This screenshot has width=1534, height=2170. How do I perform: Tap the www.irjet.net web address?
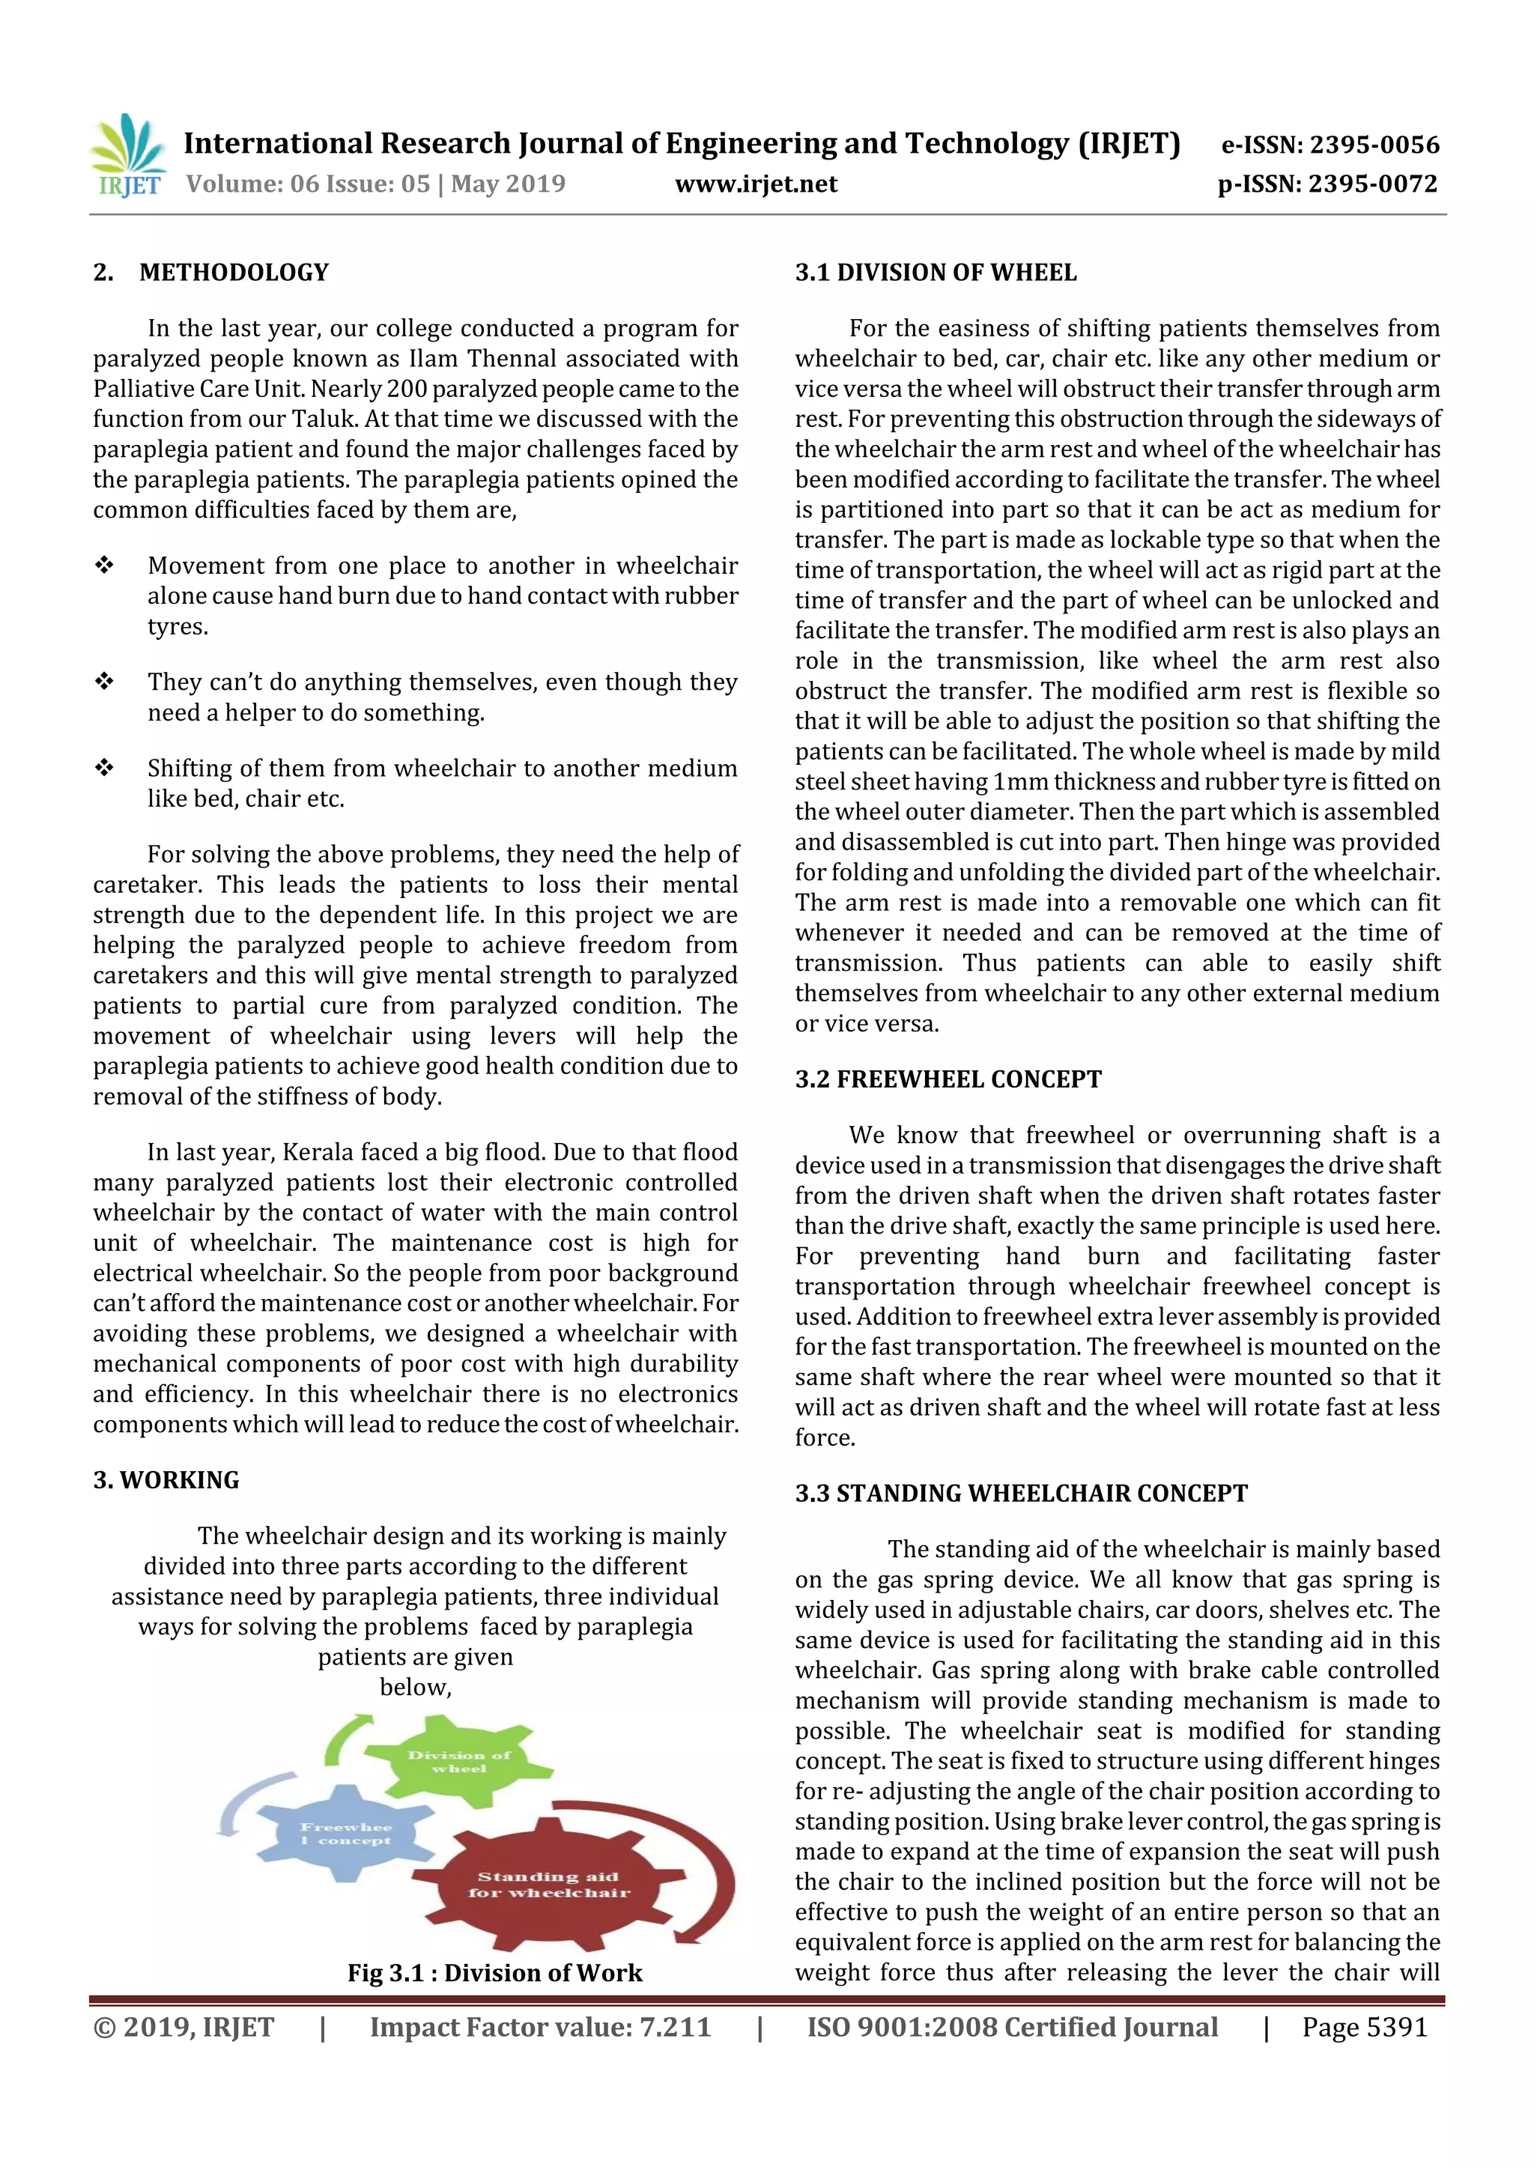pos(755,184)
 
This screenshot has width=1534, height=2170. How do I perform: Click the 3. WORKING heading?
pos(166,1479)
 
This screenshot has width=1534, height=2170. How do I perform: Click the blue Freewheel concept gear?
pos(345,1833)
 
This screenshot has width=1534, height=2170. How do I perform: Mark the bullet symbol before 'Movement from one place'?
pos(104,566)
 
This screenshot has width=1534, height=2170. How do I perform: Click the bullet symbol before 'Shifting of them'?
pos(104,768)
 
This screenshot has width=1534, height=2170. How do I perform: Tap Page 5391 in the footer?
pos(1364,2026)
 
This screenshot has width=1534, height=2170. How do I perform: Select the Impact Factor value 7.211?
pos(540,2026)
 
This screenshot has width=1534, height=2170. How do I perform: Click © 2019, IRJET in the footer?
pos(184,2026)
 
